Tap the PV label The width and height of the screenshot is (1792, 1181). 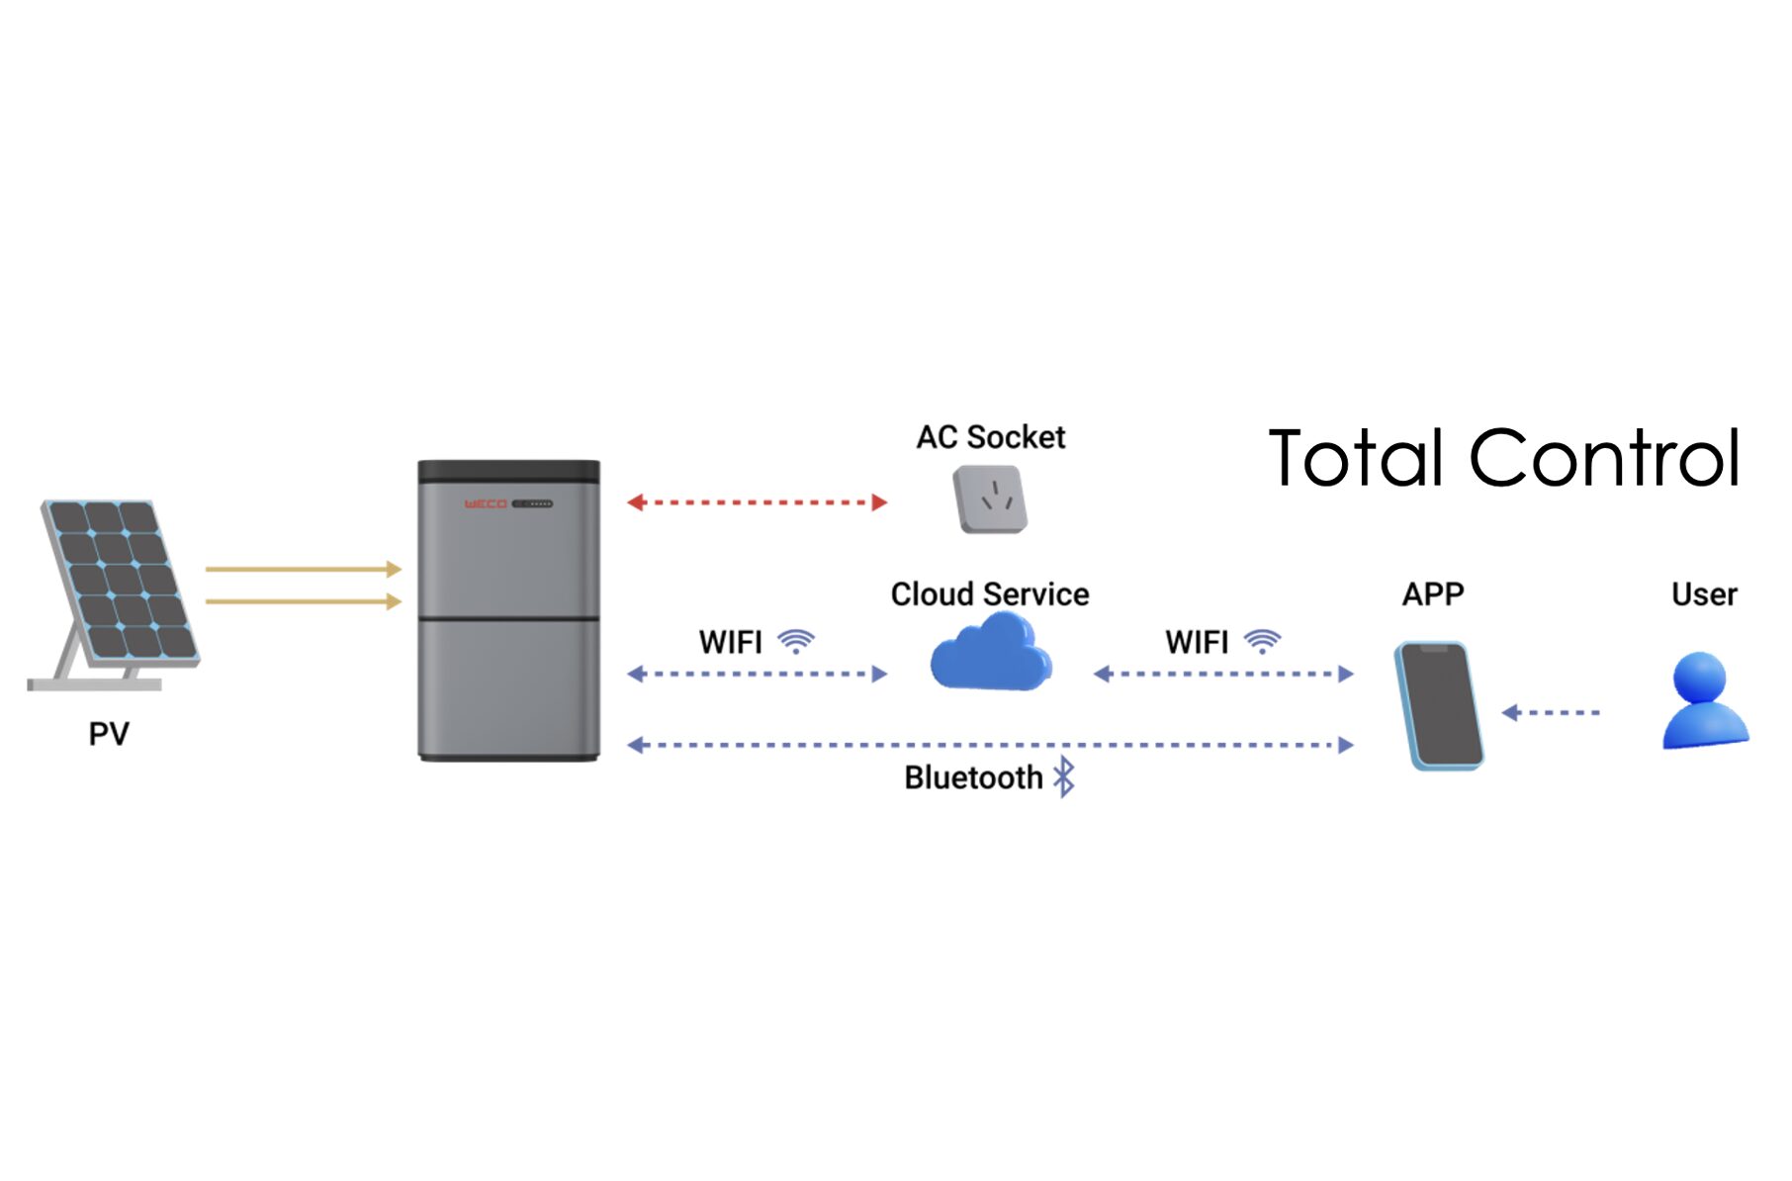point(109,734)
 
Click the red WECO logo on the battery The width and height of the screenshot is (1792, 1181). point(486,504)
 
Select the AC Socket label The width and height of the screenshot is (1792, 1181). point(991,437)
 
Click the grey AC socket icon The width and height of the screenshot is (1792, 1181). point(990,500)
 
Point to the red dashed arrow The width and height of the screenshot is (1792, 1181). point(757,502)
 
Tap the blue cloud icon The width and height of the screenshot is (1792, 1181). point(990,653)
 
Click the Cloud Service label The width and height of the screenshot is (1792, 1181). point(990,594)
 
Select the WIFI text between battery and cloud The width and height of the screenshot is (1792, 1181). point(731,643)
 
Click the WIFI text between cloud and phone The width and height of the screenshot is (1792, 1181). point(1197,643)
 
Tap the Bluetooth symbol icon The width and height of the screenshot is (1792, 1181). point(1064,777)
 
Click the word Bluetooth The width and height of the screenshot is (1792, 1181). point(973,778)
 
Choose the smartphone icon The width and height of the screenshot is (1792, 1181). point(1439,705)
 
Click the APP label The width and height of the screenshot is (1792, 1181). point(1433,594)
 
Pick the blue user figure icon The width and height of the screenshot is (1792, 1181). point(1703,700)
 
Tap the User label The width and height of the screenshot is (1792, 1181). point(1704,594)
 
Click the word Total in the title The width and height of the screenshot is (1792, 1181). point(1356,459)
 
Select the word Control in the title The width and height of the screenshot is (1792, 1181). point(1604,459)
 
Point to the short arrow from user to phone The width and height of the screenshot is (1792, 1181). point(1551,712)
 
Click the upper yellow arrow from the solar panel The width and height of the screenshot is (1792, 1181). point(303,569)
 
